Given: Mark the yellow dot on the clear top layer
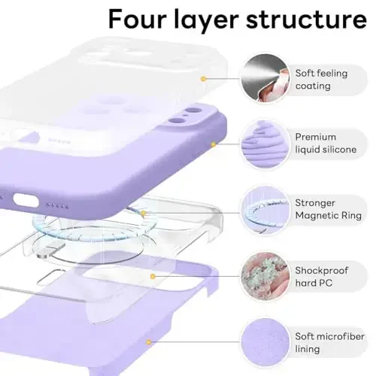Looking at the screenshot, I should tap(202, 78).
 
